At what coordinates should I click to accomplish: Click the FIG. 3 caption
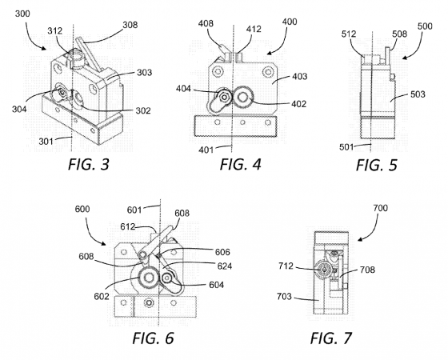pyautogui.click(x=89, y=165)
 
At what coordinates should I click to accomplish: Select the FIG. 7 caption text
pyautogui.click(x=331, y=338)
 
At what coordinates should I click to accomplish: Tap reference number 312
pyautogui.click(x=54, y=30)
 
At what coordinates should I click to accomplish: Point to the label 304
pyautogui.click(x=19, y=109)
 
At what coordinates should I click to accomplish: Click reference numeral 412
pyautogui.click(x=254, y=29)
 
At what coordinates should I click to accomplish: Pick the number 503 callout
pyautogui.click(x=418, y=94)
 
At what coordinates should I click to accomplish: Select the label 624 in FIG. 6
pyautogui.click(x=225, y=266)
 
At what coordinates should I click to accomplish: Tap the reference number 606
pyautogui.click(x=222, y=252)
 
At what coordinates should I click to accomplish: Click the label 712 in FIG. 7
pyautogui.click(x=286, y=266)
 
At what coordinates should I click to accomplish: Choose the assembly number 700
pyautogui.click(x=380, y=208)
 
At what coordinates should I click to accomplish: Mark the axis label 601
pyautogui.click(x=134, y=210)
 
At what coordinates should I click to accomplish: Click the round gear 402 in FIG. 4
pyautogui.click(x=243, y=98)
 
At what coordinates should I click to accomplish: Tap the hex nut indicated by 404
pyautogui.click(x=224, y=97)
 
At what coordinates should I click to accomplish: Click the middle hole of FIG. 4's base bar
pyautogui.click(x=242, y=123)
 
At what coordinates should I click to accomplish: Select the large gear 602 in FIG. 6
pyautogui.click(x=148, y=278)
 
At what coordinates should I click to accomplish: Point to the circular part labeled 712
pyautogui.click(x=324, y=269)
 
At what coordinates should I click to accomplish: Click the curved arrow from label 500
pyautogui.click(x=416, y=47)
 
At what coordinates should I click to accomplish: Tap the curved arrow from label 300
pyautogui.click(x=32, y=36)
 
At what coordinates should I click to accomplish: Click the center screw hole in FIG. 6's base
pyautogui.click(x=148, y=303)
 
